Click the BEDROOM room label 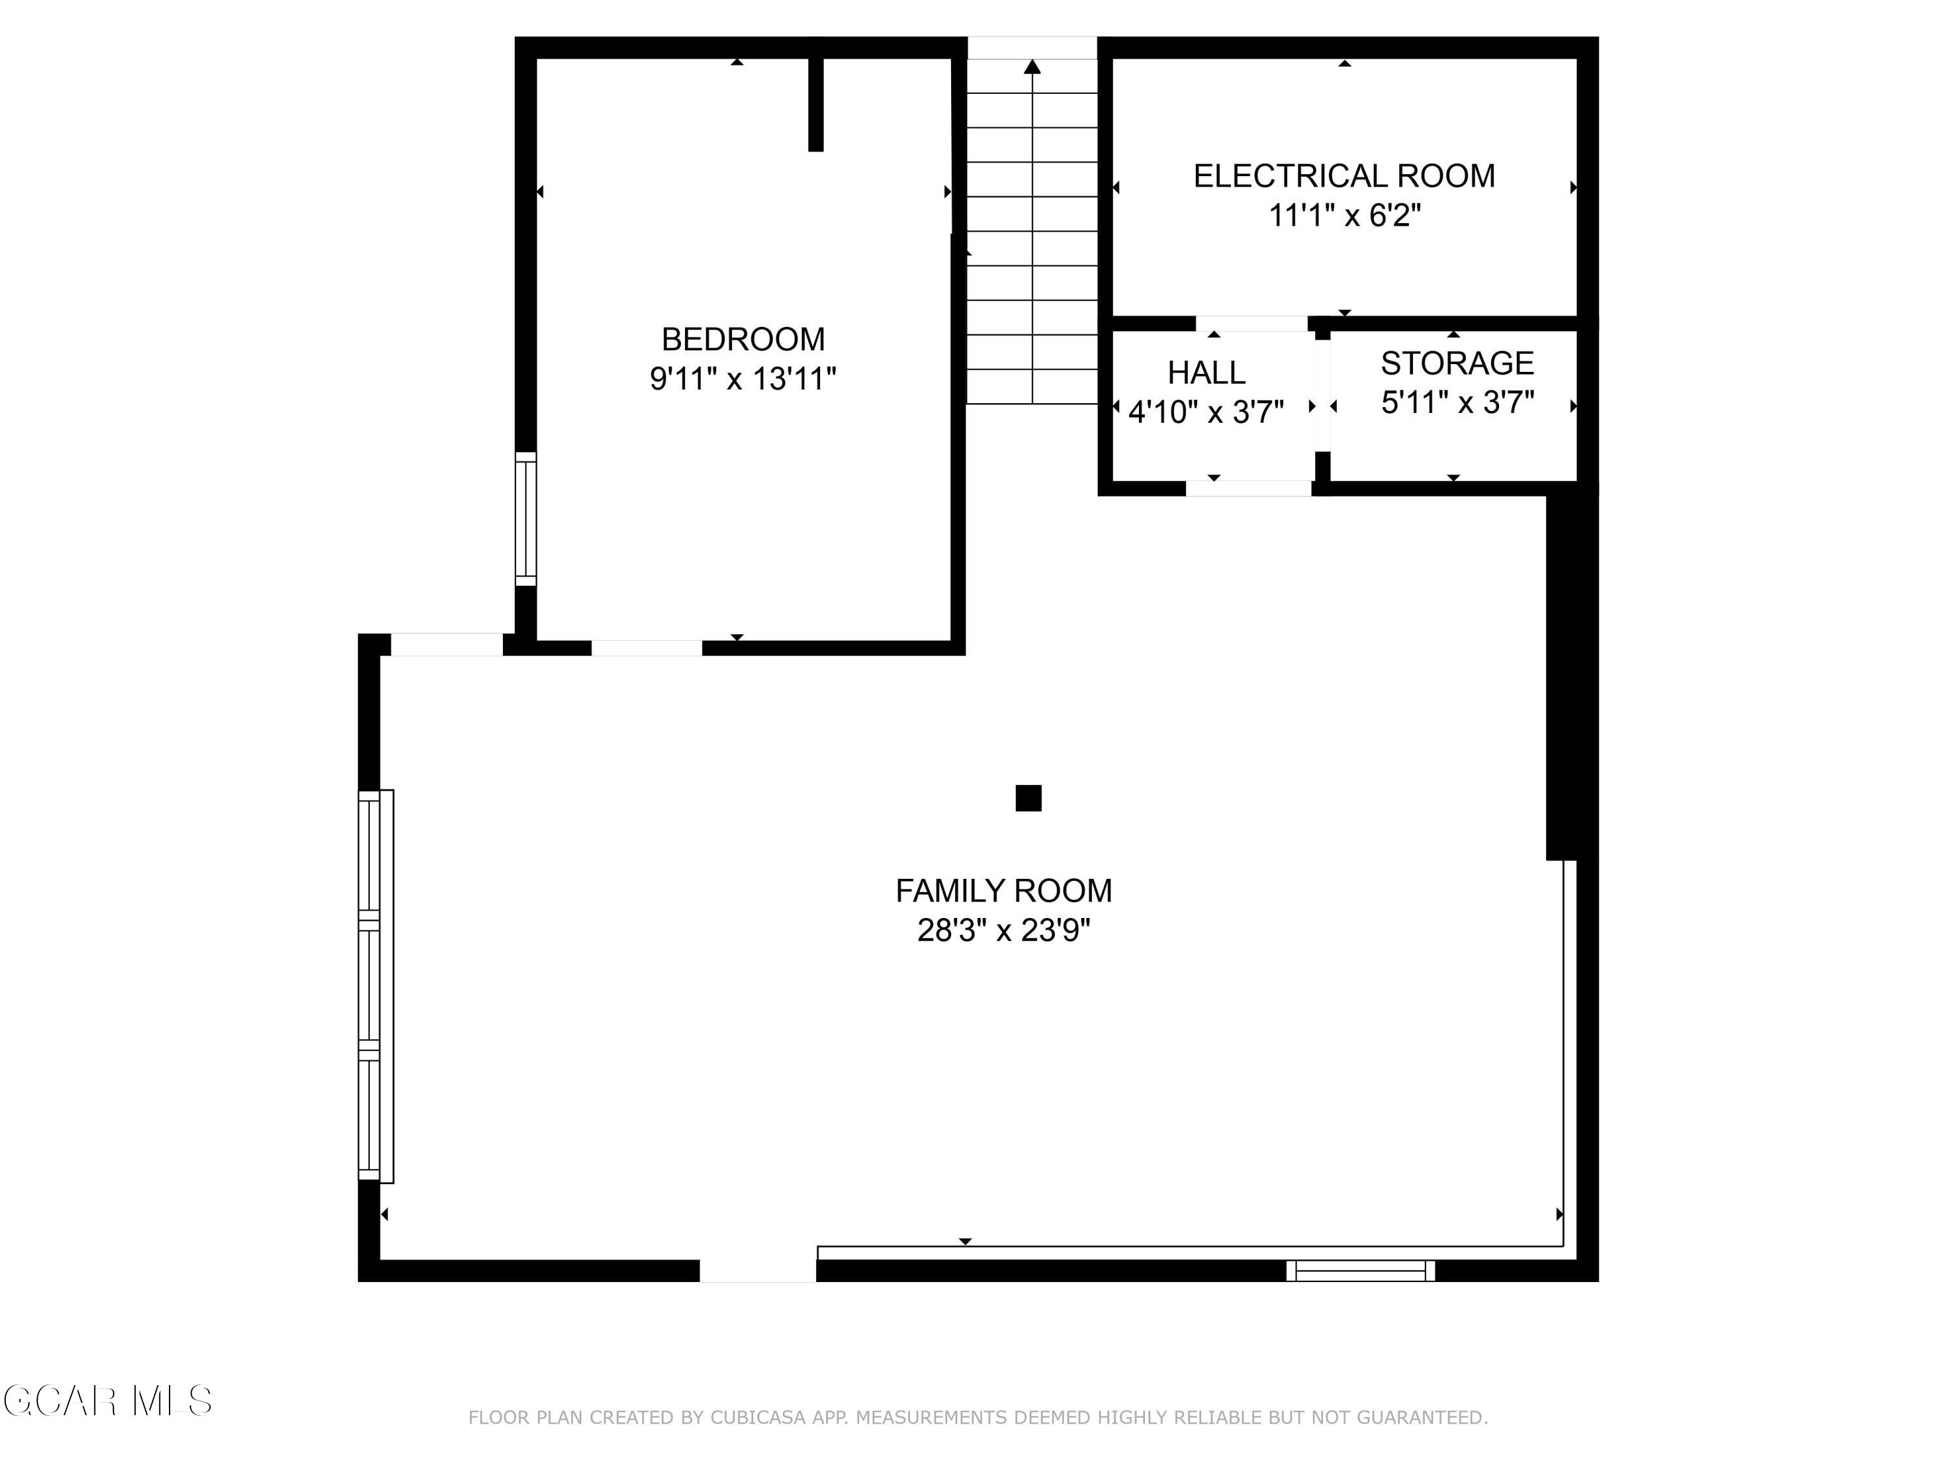[742, 339]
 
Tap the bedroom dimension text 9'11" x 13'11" [742, 378]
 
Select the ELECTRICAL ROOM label [1344, 176]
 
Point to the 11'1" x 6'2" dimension [1344, 215]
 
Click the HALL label [1206, 373]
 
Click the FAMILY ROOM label [1003, 890]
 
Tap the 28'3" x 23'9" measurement [1003, 930]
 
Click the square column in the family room [1028, 798]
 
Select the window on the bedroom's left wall [526, 519]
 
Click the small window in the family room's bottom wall [1360, 1271]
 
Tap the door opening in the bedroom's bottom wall [646, 648]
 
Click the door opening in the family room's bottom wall [757, 1271]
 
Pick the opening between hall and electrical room [1251, 324]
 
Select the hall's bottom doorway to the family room [1249, 489]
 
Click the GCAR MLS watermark [107, 1401]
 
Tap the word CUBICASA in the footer [758, 1418]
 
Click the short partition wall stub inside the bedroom [815, 104]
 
